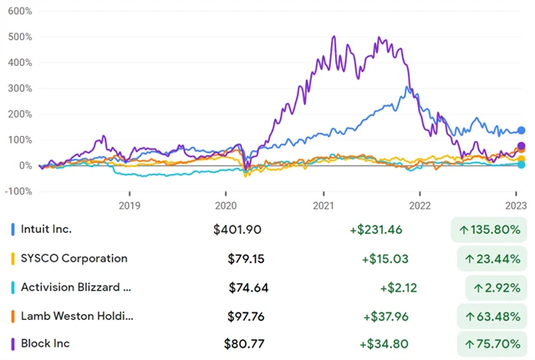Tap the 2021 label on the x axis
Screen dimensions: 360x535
click(x=324, y=205)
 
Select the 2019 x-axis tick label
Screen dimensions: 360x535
click(x=129, y=205)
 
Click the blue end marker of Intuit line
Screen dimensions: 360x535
click(x=521, y=130)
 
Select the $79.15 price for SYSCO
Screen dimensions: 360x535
click(x=245, y=258)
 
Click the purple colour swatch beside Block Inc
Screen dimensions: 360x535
click(x=13, y=343)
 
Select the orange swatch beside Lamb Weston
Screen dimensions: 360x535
click(x=13, y=315)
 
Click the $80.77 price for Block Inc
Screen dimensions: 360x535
click(x=245, y=343)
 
